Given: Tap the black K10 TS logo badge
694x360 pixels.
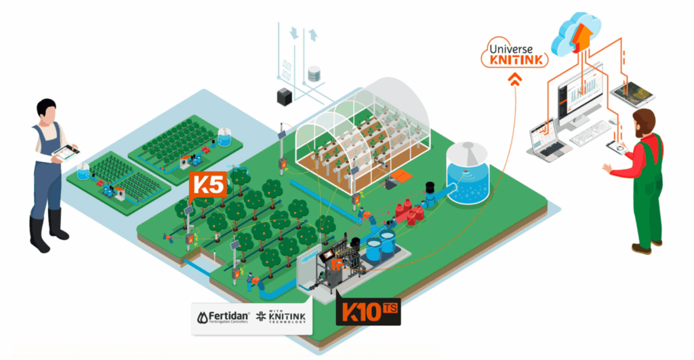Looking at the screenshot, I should [368, 313].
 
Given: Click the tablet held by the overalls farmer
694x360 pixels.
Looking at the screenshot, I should [66, 151].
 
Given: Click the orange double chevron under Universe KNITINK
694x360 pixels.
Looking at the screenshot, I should [516, 81].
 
